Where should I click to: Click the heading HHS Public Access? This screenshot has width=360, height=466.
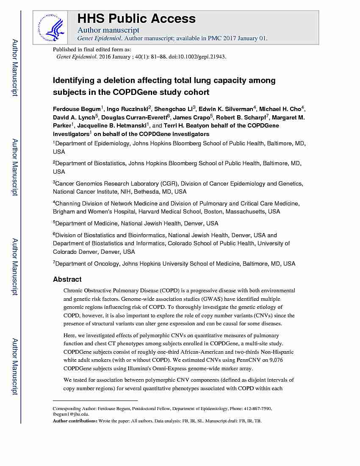tap(136, 19)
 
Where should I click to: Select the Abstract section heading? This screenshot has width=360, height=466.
tap(67, 280)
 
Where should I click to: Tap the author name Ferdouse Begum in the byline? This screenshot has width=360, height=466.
tap(77, 109)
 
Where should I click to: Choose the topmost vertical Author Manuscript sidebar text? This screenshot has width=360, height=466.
tap(14, 68)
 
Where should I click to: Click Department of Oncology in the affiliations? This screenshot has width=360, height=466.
tap(88, 264)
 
